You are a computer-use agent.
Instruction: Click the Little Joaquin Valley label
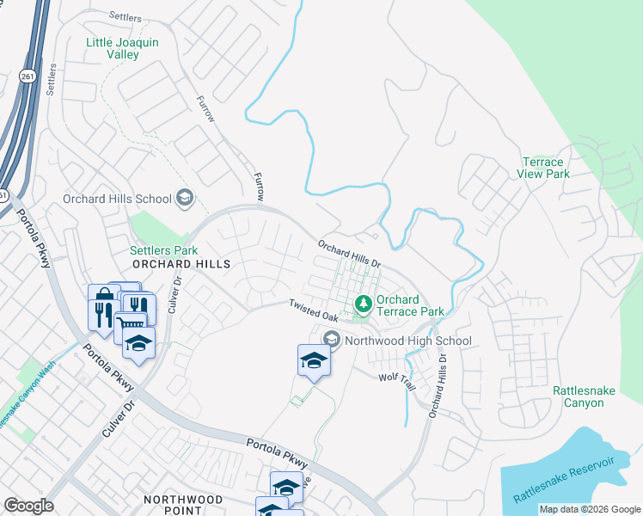[113, 48]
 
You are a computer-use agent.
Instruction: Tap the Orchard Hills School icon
[183, 199]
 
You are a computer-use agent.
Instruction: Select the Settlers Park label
[158, 250]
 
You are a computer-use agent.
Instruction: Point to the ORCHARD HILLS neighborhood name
[181, 264]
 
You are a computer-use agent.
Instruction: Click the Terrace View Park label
[543, 168]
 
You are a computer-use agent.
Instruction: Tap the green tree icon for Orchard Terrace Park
[363, 303]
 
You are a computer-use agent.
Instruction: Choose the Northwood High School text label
[407, 341]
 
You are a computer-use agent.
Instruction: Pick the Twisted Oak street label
[314, 310]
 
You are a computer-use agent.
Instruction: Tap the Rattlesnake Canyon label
[584, 396]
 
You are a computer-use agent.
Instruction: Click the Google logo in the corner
[28, 506]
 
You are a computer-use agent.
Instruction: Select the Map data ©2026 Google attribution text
[589, 509]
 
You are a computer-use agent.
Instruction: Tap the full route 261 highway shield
[28, 77]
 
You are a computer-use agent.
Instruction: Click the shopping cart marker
[129, 324]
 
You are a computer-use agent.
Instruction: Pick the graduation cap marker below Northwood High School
[314, 360]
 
